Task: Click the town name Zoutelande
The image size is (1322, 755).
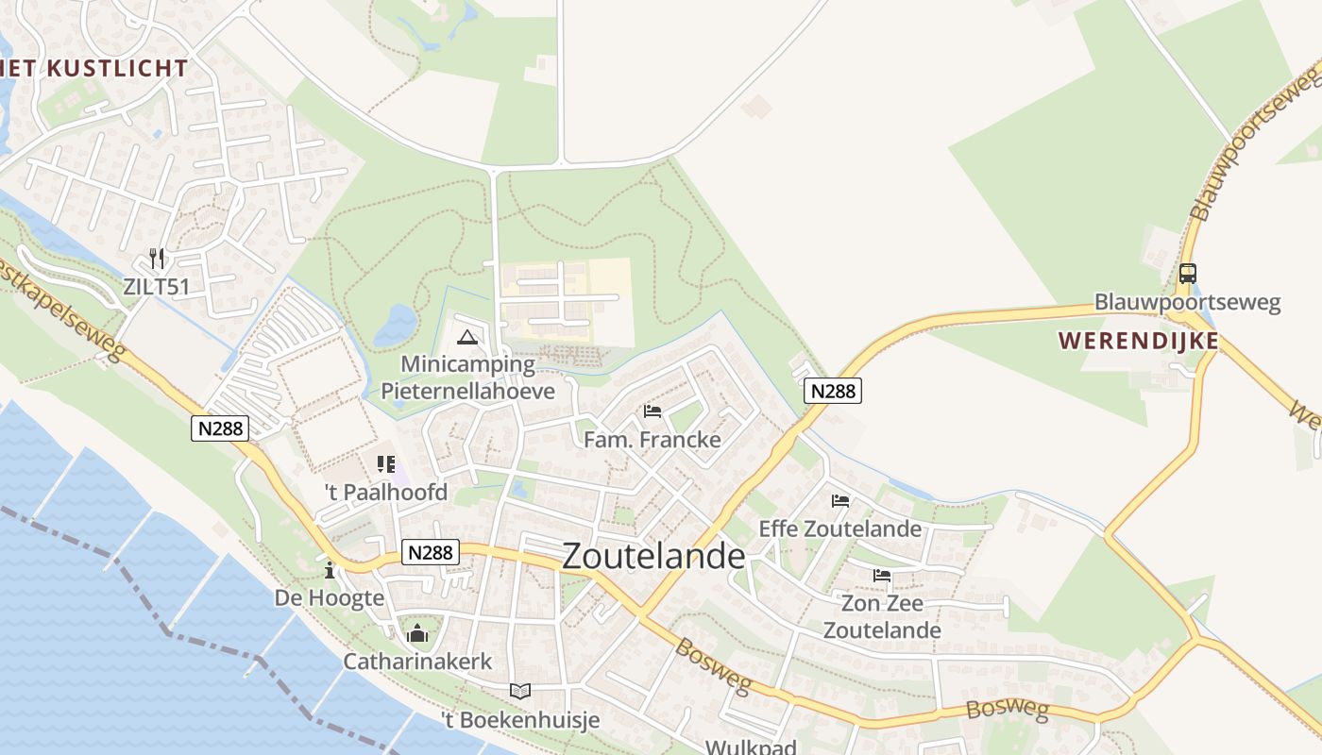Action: [653, 556]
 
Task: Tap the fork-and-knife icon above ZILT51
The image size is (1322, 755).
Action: [158, 258]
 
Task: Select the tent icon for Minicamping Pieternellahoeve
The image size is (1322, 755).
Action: [466, 337]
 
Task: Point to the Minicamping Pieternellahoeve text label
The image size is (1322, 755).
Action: [467, 377]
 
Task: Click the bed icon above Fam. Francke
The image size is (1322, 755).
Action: [652, 411]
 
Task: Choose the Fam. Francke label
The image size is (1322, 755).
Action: [652, 440]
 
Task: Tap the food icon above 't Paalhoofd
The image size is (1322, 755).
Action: [385, 463]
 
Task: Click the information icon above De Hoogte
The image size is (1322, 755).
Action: [330, 570]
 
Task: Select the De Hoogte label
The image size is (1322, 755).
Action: [330, 598]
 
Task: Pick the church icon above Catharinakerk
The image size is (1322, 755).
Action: [417, 633]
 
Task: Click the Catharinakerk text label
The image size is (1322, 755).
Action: [417, 662]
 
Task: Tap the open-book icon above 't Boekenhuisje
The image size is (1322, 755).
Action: [520, 691]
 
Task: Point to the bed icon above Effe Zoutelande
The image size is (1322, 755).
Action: [840, 500]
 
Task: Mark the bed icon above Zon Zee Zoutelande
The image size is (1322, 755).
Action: [882, 575]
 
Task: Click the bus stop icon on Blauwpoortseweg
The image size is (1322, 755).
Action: [1187, 274]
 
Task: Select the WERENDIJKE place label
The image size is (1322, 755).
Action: [1138, 341]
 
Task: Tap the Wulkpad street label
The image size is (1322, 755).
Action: [752, 747]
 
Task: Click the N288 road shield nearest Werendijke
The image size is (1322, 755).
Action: [833, 391]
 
